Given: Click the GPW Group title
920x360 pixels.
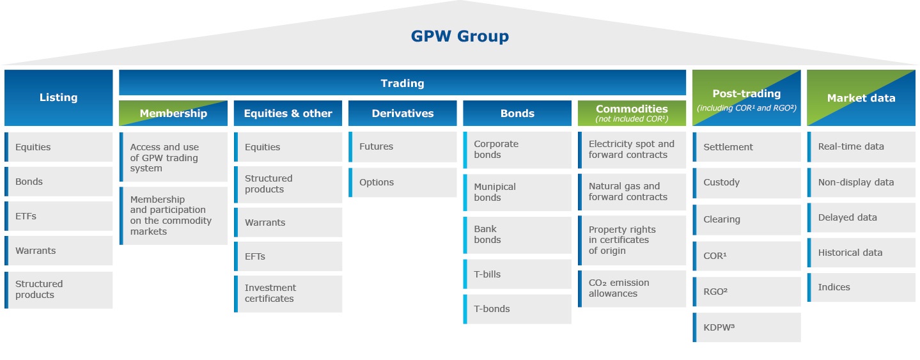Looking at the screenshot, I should pos(460,36).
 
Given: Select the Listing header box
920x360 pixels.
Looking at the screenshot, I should pos(58,98).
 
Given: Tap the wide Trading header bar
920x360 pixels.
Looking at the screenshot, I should pos(402,83).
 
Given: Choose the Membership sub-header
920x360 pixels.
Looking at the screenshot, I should pos(173,113).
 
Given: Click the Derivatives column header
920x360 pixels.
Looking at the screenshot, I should pos(402,113).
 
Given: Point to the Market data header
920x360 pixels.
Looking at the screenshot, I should pos(861,98).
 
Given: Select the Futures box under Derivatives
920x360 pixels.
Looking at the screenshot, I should pos(402,146).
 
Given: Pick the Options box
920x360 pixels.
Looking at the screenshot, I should pos(402,182).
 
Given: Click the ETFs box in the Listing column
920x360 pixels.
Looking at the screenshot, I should pos(58,216).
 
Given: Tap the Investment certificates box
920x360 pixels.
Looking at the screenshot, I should pos(288,293).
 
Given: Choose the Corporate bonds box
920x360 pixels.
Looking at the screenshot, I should pos(517,150).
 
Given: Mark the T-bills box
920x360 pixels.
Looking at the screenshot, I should pos(517,274).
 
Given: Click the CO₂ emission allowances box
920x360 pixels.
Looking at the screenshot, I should pos(632,288).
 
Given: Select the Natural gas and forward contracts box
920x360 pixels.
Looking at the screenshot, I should pos(632,192).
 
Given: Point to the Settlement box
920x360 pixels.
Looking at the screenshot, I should pos(746,147).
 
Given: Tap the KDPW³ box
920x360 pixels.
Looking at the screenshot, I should pos(746,327).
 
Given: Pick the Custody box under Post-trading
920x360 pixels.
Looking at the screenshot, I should pos(746,182).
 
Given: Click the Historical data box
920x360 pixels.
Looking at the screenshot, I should pos(861,253).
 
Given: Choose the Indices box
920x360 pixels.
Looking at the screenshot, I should pos(861,287).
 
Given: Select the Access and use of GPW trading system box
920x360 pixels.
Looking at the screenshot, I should pos(173,157).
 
